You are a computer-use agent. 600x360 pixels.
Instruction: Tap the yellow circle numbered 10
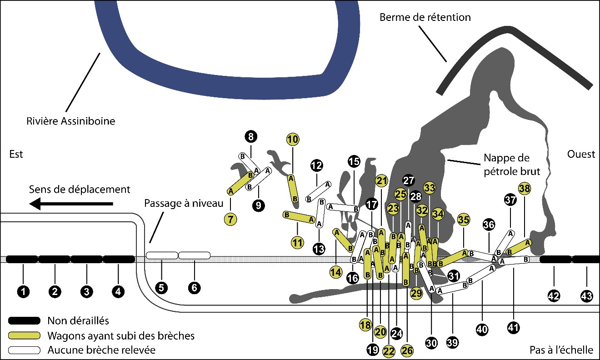[293, 139]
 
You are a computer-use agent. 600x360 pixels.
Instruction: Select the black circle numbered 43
[586, 296]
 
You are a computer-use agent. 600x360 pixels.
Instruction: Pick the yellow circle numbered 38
[524, 188]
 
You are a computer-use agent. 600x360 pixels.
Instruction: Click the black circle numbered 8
[251, 136]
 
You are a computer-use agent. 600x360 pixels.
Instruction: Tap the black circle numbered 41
[514, 326]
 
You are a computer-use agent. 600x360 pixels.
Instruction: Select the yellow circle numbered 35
[464, 220]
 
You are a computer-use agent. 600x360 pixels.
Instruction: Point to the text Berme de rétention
[425, 17]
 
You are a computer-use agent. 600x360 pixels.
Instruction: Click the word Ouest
[580, 154]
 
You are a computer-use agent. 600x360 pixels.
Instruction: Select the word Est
[16, 154]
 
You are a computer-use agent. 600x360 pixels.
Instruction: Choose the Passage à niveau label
[184, 203]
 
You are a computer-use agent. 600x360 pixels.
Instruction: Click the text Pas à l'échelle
[561, 350]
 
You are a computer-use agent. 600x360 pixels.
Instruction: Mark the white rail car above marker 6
[194, 255]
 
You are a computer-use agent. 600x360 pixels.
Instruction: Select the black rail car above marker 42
[555, 259]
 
